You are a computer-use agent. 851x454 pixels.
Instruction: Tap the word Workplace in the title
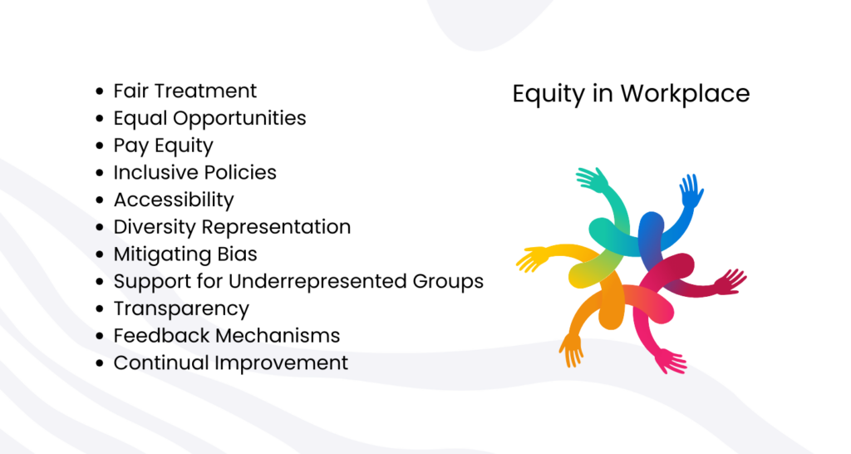[x=686, y=93]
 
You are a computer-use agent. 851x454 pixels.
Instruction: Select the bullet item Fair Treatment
[x=185, y=91]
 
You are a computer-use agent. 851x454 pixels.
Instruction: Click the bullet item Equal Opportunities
[x=209, y=119]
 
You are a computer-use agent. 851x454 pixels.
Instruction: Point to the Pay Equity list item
[x=164, y=146]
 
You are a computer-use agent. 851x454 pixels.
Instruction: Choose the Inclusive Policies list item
[x=194, y=173]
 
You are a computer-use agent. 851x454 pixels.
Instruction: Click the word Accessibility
[x=174, y=200]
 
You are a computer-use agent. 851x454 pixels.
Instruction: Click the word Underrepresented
[x=317, y=281]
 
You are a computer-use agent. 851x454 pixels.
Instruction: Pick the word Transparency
[x=181, y=309]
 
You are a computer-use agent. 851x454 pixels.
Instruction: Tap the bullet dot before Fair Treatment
[x=100, y=91]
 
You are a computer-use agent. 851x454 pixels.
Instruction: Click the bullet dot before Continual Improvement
[x=100, y=363]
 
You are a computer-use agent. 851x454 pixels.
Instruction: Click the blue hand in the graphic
[x=691, y=190]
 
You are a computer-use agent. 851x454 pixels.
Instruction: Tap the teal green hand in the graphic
[x=593, y=180]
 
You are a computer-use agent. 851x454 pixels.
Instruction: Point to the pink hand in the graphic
[x=671, y=362]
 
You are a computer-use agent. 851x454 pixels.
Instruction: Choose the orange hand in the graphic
[x=571, y=350]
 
